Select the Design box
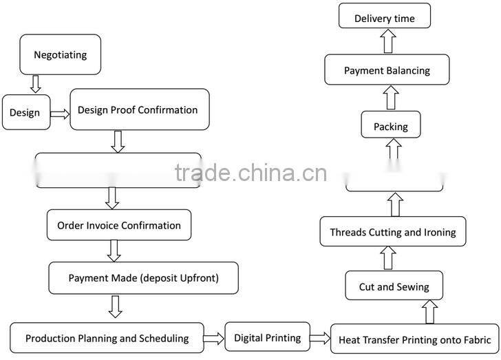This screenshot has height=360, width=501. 26,112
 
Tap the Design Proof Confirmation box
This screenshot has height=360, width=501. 139,110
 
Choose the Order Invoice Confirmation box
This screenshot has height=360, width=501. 119,225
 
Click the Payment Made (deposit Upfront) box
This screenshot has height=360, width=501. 143,278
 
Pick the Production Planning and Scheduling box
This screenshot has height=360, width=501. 107,338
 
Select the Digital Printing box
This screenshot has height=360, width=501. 267,337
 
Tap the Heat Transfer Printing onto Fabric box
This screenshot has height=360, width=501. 414,339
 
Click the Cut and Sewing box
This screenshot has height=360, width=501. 394,286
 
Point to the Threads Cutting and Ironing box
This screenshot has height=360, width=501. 392,232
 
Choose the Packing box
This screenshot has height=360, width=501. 391,127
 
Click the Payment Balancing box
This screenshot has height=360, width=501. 387,71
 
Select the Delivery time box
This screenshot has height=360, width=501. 385,18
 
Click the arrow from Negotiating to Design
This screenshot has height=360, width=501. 36,85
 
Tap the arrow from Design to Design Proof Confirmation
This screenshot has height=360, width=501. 60,114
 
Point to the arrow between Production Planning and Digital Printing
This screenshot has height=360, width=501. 214,338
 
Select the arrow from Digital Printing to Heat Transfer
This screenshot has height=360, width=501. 319,338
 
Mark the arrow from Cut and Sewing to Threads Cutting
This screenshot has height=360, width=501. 389,259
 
